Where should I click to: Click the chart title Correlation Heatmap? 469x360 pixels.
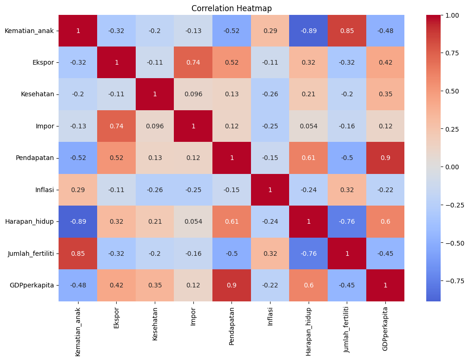click(231, 8)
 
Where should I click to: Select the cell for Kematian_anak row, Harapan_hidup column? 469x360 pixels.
click(308, 31)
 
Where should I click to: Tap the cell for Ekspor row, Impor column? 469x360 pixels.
click(193, 63)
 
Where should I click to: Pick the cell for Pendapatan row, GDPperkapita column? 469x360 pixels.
click(385, 158)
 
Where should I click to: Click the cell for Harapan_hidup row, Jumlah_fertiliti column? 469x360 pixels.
click(347, 222)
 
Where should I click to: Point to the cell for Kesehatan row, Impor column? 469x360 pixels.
click(193, 94)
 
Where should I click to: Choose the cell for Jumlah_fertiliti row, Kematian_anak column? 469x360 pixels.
click(78, 253)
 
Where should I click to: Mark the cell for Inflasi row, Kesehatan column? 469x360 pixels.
click(155, 190)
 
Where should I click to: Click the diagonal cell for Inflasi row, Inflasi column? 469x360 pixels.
click(270, 190)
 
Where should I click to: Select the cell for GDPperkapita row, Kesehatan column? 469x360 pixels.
click(155, 285)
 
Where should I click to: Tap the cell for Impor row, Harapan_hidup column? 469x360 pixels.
click(308, 127)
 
